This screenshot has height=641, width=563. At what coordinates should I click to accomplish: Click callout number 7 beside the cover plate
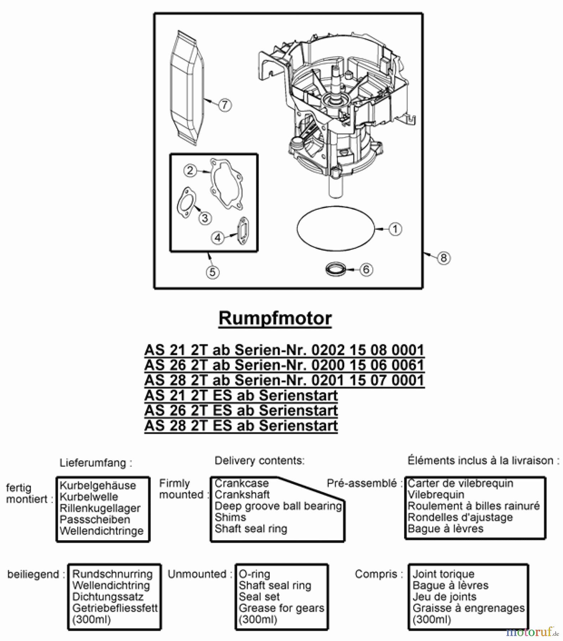coord(224,105)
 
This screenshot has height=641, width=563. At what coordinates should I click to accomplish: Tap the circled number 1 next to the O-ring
coord(395,229)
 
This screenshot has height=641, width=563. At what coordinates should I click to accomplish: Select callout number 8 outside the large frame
coord(443,257)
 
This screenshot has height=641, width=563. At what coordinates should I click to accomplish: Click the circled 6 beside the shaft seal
coord(366,270)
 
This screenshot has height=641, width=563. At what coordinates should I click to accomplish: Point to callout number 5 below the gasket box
coord(213,272)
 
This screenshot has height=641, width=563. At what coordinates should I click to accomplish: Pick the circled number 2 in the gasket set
coord(190,170)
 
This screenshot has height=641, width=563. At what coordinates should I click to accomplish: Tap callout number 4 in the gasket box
coord(218,238)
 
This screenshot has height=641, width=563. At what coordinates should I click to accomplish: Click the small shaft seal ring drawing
coord(336,269)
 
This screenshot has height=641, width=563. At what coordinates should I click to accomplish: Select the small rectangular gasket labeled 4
coord(243,231)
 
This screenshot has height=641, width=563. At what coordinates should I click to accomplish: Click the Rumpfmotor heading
coord(275,318)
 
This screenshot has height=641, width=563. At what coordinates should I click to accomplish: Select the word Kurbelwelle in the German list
coord(89,497)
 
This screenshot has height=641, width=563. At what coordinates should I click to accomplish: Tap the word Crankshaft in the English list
coord(242,495)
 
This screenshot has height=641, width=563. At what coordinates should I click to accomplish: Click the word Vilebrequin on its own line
coord(436,495)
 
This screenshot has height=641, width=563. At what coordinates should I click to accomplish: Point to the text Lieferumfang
coord(95,463)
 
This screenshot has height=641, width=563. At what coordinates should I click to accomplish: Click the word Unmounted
coord(197,574)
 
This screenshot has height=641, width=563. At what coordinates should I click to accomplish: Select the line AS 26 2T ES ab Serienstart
coord(241,411)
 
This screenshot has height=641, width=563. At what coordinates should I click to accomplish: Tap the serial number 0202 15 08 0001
coord(368,350)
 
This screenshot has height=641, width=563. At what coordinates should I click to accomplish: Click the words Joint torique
coord(443,574)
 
